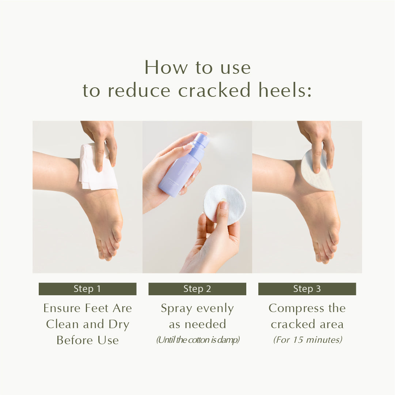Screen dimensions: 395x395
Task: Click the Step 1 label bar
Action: click(x=87, y=289)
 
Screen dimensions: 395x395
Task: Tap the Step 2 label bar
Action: click(x=197, y=289)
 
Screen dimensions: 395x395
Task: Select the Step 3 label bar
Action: click(x=307, y=289)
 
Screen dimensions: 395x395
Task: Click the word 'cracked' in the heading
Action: click(x=214, y=90)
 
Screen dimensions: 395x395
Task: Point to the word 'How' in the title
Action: click(x=166, y=67)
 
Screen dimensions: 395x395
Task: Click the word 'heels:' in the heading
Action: click(x=285, y=90)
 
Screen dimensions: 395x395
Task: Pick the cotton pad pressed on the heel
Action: click(x=317, y=170)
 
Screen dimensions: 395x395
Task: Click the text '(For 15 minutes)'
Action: click(x=308, y=340)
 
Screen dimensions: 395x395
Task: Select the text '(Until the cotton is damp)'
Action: click(x=198, y=340)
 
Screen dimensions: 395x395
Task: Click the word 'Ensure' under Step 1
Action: click(x=62, y=308)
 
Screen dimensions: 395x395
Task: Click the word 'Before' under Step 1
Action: click(x=75, y=340)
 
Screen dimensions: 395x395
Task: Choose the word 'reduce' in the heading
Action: click(x=139, y=90)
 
